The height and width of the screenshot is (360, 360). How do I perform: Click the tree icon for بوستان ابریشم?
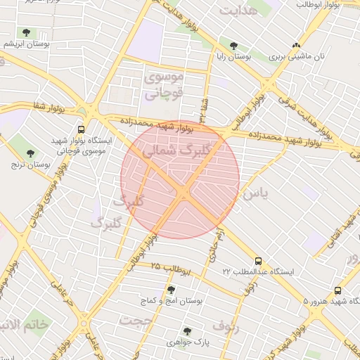click(27, 32)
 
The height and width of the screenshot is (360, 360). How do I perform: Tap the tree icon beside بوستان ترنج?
click(30, 153)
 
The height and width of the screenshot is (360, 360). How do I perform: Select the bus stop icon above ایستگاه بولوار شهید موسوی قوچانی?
click(82, 129)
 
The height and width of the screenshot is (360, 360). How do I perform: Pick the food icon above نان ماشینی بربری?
click(296, 44)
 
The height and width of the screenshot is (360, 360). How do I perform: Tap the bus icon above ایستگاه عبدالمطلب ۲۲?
click(258, 261)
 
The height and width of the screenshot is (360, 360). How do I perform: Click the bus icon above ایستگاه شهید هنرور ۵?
click(337, 290)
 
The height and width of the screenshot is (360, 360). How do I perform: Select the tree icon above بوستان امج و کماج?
click(171, 289)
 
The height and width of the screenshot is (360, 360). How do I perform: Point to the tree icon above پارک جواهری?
click(186, 331)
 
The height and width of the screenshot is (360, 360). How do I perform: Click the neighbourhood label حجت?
click(137, 321)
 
